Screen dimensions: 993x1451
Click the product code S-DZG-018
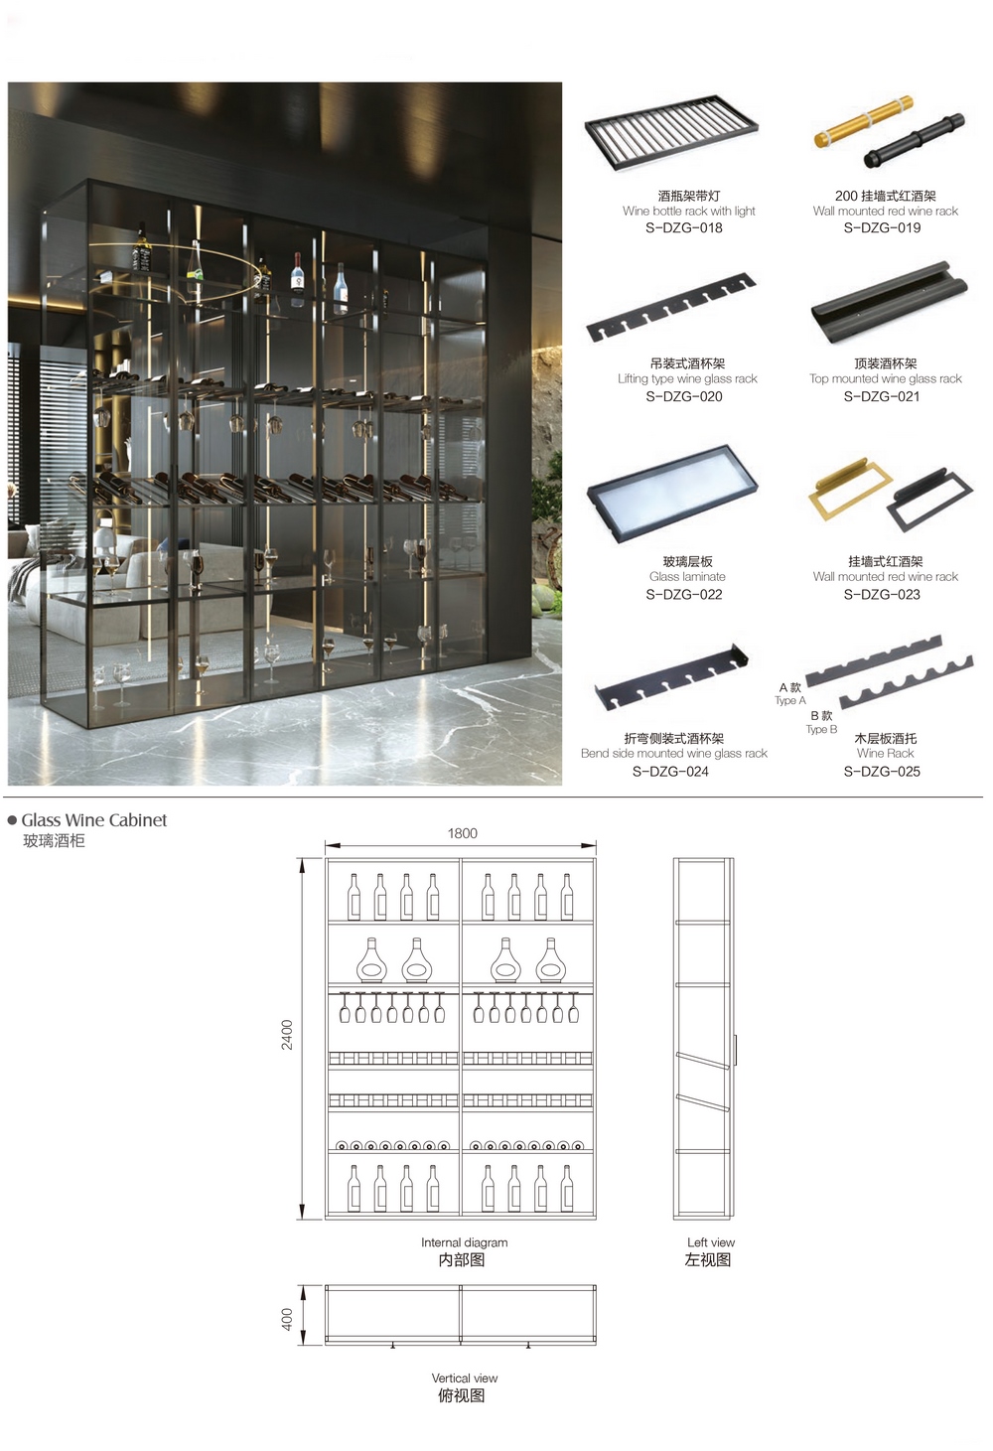(x=683, y=228)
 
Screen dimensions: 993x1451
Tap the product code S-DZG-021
(x=882, y=396)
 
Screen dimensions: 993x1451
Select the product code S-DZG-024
(x=670, y=772)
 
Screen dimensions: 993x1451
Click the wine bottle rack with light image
(x=671, y=133)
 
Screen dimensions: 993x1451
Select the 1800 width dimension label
(x=462, y=833)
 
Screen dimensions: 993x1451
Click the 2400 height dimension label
(x=287, y=1035)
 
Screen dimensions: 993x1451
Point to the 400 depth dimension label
(x=287, y=1320)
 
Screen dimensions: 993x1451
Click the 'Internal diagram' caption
(x=464, y=1242)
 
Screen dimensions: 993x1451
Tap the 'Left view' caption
(x=711, y=1242)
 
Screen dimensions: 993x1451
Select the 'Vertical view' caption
(x=465, y=1378)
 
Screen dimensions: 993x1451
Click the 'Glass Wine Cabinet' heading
(x=94, y=820)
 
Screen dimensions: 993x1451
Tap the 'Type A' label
(x=790, y=700)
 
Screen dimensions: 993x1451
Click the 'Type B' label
(x=821, y=729)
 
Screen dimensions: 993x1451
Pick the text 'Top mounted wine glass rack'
(x=885, y=379)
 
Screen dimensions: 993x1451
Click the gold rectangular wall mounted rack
(x=850, y=490)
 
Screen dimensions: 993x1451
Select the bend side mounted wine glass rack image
(x=671, y=677)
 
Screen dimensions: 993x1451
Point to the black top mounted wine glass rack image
(x=890, y=303)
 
